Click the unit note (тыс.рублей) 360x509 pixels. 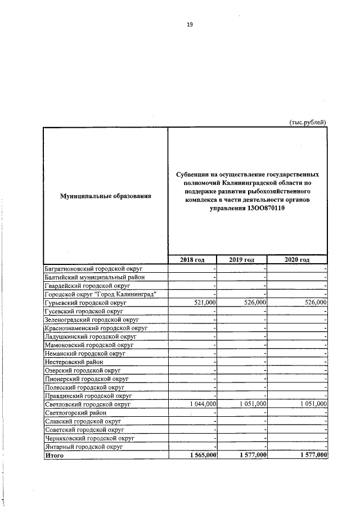point(307,122)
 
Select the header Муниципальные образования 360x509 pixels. point(106,196)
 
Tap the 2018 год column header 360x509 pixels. point(192,259)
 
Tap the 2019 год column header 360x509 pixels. point(242,259)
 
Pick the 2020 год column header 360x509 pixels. point(297,259)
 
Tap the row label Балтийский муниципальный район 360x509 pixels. point(94,277)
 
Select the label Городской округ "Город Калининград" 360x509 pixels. point(100,294)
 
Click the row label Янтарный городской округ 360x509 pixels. point(84,447)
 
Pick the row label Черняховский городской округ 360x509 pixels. point(89,438)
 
